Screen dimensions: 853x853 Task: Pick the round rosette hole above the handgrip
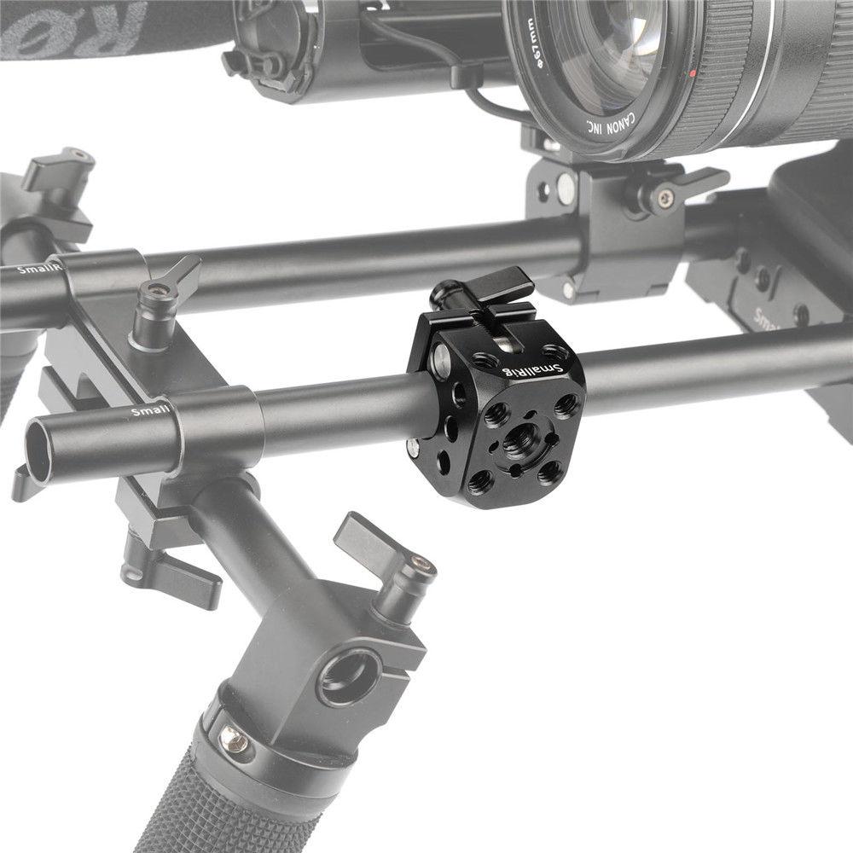[351, 673]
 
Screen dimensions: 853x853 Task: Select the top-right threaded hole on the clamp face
[564, 404]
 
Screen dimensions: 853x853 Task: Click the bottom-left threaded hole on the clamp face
[479, 483]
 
